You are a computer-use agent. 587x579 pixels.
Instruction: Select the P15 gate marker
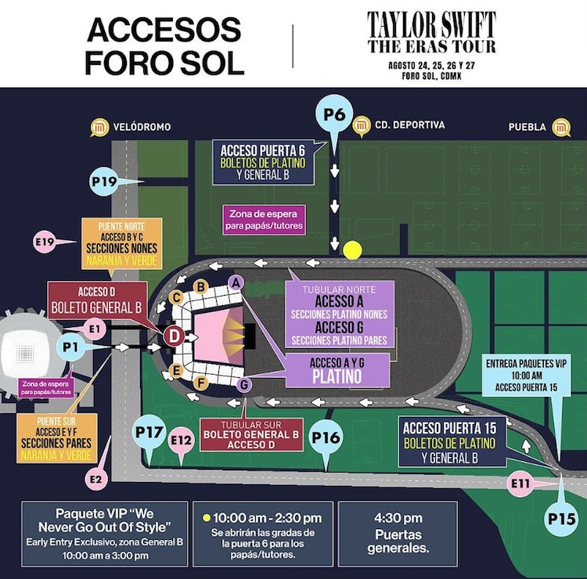(562, 517)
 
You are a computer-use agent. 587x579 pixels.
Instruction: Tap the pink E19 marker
(45, 242)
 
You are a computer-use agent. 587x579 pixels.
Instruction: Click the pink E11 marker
(520, 484)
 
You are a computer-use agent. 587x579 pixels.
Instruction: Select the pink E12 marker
(182, 441)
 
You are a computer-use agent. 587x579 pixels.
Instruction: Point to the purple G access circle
(244, 384)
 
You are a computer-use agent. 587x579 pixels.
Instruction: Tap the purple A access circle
(236, 281)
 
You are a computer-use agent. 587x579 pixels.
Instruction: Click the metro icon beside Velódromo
(99, 127)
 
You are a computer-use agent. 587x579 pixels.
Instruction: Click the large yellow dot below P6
(353, 250)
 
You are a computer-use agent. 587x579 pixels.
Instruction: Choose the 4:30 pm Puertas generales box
(399, 534)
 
